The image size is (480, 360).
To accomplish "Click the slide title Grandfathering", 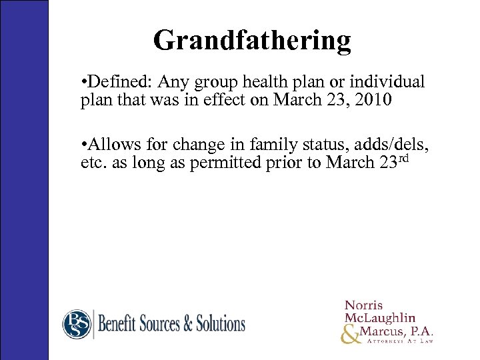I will (x=252, y=40).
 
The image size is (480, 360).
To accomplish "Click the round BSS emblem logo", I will (x=76, y=325).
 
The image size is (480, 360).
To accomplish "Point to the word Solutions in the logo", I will (x=221, y=325).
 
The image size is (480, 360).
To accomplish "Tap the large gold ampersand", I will (x=349, y=337).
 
